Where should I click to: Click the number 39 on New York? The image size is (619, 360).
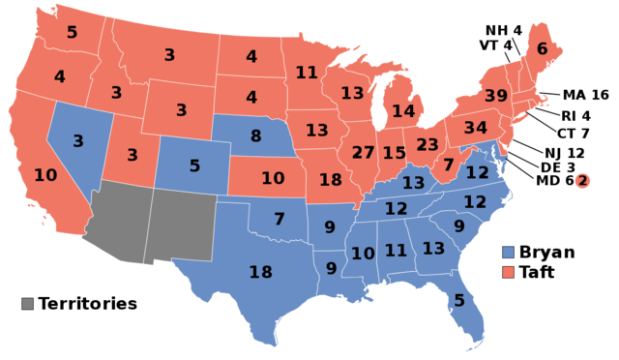pyautogui.click(x=495, y=96)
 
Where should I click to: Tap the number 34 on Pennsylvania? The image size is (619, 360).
pyautogui.click(x=475, y=128)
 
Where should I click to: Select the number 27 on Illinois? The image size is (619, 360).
pyautogui.click(x=363, y=153)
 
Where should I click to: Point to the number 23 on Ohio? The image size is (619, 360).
pyautogui.click(x=427, y=145)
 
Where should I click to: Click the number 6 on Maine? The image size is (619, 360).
pyautogui.click(x=542, y=49)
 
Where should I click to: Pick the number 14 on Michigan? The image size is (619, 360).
pyautogui.click(x=402, y=111)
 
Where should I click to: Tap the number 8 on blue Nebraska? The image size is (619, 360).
pyautogui.click(x=256, y=136)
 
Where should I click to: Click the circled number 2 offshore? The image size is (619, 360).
pyautogui.click(x=582, y=181)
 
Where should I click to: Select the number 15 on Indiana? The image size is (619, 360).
pyautogui.click(x=394, y=153)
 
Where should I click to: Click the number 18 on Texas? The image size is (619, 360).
pyautogui.click(x=261, y=272)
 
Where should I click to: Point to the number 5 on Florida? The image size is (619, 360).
pyautogui.click(x=459, y=301)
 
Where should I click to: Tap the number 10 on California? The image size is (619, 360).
pyautogui.click(x=45, y=175)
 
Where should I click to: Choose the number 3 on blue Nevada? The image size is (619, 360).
pyautogui.click(x=78, y=141)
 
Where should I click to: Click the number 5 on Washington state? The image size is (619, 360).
pyautogui.click(x=72, y=32)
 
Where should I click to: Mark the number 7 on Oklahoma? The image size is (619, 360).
pyautogui.click(x=279, y=220)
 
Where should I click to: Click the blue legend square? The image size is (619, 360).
pyautogui.click(x=509, y=252)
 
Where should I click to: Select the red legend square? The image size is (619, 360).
pyautogui.click(x=509, y=273)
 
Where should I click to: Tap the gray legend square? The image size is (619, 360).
pyautogui.click(x=27, y=303)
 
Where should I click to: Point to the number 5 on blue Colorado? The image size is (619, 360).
pyautogui.click(x=194, y=166)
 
